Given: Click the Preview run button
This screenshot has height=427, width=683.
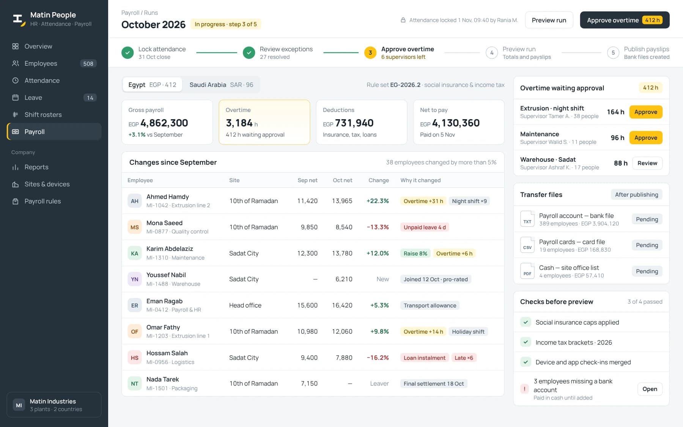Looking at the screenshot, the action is pos(549,20).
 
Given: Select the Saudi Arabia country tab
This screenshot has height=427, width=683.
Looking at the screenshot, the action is pos(221,85).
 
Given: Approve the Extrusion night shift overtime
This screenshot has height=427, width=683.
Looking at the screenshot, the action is pos(645,112).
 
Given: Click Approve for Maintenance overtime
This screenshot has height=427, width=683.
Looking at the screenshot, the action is pos(645,138).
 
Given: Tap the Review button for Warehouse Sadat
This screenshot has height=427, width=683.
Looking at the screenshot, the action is pos(647,163).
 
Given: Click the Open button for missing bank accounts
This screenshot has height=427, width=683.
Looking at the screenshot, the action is pos(650,389).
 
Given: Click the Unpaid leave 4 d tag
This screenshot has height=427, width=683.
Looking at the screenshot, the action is pos(425,227).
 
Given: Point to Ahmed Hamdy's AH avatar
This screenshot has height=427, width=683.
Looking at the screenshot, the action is pos(135,201).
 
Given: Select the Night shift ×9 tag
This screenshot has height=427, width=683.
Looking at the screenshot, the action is pos(469,201).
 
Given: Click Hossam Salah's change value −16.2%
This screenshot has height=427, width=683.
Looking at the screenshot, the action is pos(378,358).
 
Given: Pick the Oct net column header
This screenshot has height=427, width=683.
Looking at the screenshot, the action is pos(342,180).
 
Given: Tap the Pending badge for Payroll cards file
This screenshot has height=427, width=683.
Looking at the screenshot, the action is pos(647,245).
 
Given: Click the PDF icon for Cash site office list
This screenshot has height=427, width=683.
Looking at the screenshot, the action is pos(527,271).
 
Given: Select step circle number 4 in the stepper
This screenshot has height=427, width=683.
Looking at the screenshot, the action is pos(492,53).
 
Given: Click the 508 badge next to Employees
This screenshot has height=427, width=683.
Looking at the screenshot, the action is pos(88,63).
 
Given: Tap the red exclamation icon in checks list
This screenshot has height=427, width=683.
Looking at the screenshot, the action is pos(524,389).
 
